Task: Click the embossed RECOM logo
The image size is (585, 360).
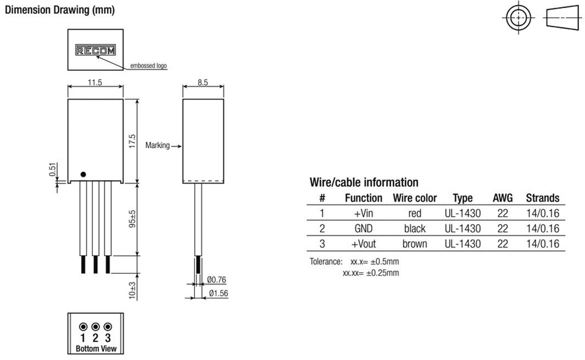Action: point(95,51)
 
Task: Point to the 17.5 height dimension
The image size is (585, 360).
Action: point(132,141)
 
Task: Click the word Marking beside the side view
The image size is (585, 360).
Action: point(157,145)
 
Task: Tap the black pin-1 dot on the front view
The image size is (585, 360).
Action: point(83,174)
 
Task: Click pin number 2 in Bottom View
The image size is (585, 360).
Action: point(95,338)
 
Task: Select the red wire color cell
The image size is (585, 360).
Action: point(415,214)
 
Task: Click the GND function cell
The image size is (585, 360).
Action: point(363,229)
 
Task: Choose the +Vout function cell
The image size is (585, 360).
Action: point(363,244)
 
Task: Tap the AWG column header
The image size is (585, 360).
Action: point(503,198)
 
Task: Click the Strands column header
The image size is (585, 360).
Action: point(542,198)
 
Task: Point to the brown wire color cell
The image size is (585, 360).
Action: point(415,244)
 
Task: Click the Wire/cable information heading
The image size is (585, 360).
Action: point(364,183)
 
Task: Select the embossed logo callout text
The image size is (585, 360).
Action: point(149,66)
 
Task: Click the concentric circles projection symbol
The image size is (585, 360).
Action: point(519,18)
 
